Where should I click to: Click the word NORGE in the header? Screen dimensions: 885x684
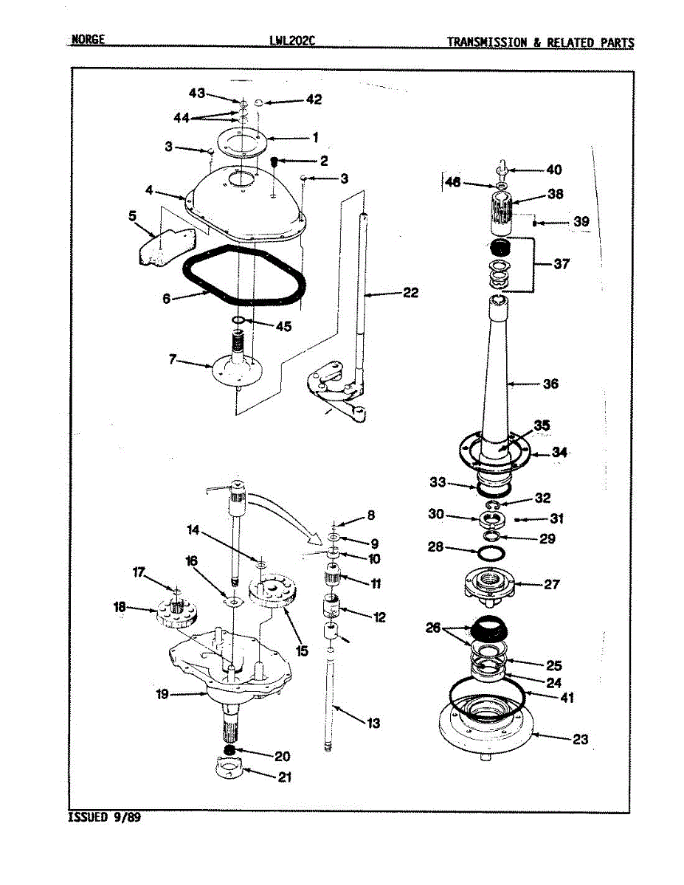tap(88, 40)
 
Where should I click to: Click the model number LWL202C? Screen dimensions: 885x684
tap(293, 41)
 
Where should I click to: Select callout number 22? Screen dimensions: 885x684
tap(410, 294)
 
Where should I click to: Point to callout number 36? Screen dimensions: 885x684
tap(550, 383)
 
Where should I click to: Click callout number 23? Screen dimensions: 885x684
tap(581, 739)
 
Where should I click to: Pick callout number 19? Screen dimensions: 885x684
tap(162, 694)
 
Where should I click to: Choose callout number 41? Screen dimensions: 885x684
tap(567, 698)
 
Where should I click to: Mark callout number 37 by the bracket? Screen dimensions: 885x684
tap(562, 264)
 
